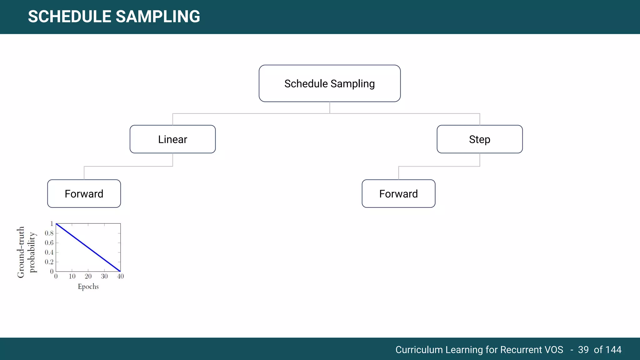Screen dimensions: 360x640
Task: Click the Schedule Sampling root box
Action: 329,83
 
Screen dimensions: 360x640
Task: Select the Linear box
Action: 172,139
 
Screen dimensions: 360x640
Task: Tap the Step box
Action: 479,139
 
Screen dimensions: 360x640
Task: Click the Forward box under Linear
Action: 84,194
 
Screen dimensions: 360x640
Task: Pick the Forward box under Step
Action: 398,194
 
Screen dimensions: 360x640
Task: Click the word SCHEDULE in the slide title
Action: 69,17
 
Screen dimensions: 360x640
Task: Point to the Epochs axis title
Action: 88,287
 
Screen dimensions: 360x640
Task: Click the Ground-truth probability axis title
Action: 27,252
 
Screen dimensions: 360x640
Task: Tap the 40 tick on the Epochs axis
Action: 120,276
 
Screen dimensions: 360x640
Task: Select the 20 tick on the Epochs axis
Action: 88,276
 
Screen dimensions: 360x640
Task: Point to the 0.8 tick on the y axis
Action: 49,233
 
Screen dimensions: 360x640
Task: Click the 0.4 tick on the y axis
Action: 49,252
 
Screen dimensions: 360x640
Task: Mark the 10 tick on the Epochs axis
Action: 72,276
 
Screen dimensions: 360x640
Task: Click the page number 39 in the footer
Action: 583,350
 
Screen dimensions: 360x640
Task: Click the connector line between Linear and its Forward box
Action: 128,166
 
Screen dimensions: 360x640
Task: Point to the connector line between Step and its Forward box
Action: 439,166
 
